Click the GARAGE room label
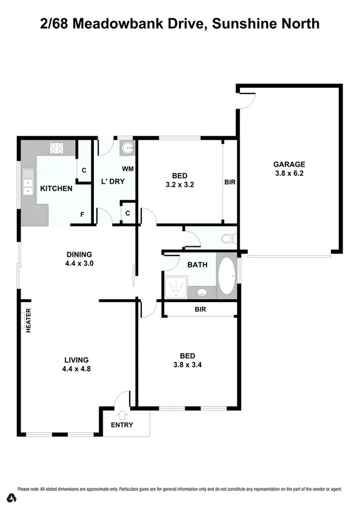point(289,164)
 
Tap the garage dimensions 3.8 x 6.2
point(289,173)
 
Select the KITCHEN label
point(56,189)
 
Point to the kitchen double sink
point(28,183)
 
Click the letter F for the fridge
point(82,215)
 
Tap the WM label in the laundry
point(128,169)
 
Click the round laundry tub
point(128,147)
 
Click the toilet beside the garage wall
point(228,238)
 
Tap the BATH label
point(198,264)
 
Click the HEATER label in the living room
point(28,322)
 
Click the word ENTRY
point(121,425)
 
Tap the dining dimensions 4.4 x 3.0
point(79,264)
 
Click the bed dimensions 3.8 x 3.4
point(187,365)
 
